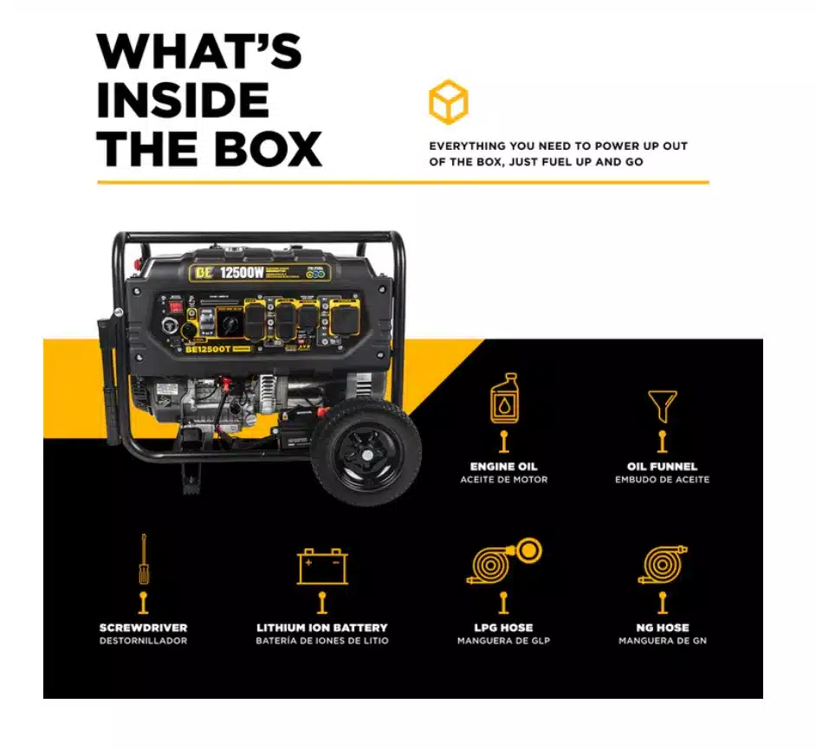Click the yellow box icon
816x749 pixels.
(x=448, y=102)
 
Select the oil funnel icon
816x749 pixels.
(x=662, y=404)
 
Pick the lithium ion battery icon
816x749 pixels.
(x=322, y=567)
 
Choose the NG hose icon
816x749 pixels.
(x=662, y=565)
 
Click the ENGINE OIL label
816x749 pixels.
(x=503, y=467)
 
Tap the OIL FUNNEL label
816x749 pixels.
(x=662, y=467)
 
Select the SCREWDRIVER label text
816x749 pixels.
(x=143, y=627)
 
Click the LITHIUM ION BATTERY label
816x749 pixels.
(x=322, y=627)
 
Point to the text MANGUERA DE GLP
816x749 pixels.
(x=503, y=641)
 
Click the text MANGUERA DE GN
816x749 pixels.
(x=662, y=641)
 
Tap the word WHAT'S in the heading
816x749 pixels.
(x=198, y=53)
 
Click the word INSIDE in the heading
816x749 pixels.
(x=183, y=100)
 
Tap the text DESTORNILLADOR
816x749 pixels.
(x=143, y=641)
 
